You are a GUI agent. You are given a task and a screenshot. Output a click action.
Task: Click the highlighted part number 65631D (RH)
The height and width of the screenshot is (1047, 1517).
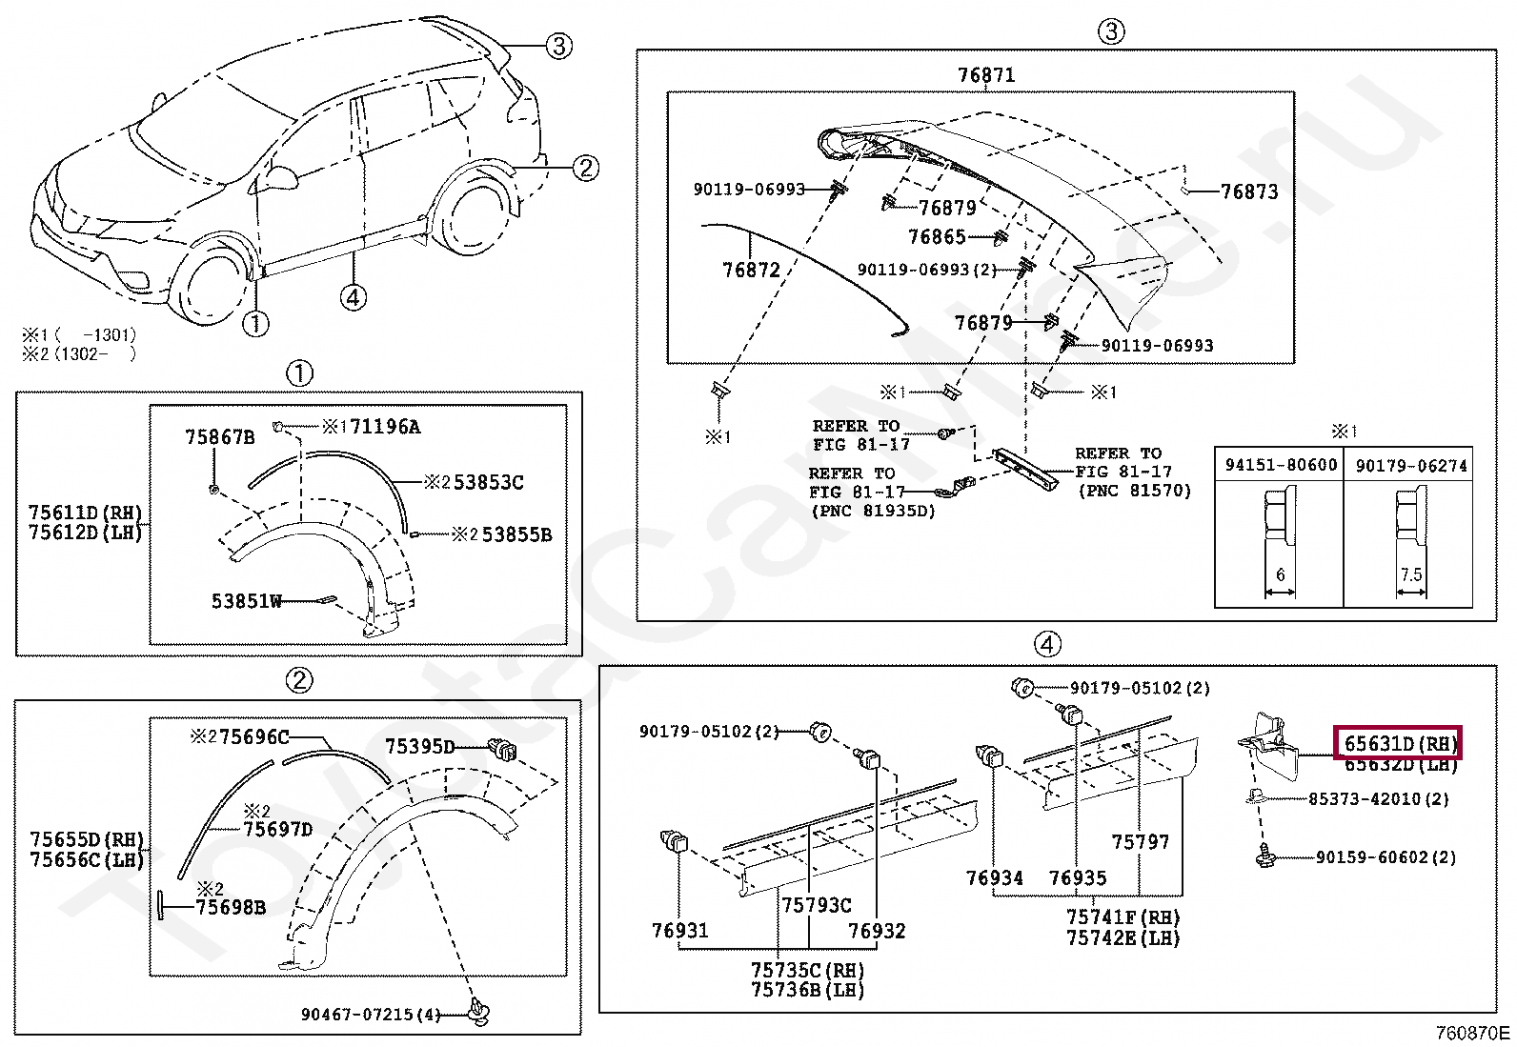click(1399, 743)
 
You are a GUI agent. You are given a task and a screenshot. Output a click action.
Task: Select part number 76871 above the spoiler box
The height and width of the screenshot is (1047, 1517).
click(986, 75)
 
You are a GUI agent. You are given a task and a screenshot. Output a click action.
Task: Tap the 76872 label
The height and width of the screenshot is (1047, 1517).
click(751, 271)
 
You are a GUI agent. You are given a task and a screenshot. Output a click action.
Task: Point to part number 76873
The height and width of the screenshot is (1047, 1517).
click(1249, 191)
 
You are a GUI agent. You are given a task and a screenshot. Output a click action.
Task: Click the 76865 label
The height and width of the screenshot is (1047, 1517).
click(937, 237)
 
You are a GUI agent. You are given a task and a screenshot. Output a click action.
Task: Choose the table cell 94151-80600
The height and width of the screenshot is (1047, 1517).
click(1281, 465)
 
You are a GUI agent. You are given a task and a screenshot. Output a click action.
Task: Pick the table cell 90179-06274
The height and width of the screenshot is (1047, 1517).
click(1411, 465)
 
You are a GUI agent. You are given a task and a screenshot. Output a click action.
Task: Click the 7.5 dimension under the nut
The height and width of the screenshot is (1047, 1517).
click(1411, 575)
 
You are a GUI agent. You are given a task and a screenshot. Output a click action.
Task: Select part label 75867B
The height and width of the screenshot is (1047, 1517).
click(220, 437)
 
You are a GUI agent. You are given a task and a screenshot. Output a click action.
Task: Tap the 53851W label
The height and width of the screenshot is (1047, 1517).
click(247, 601)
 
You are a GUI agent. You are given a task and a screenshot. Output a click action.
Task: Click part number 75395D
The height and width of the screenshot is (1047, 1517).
click(420, 747)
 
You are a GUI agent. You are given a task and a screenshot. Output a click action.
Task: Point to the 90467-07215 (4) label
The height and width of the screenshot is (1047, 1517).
click(371, 1015)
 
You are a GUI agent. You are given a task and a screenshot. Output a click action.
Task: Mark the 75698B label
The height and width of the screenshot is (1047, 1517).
click(231, 908)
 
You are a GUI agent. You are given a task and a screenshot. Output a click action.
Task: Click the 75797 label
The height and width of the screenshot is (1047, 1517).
click(1140, 842)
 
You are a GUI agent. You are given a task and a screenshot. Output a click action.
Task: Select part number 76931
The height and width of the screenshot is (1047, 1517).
click(680, 931)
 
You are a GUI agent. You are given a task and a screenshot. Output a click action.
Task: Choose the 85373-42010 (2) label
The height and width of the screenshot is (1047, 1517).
click(1378, 799)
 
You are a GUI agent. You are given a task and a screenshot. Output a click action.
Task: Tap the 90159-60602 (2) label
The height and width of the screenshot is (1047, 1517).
click(1386, 857)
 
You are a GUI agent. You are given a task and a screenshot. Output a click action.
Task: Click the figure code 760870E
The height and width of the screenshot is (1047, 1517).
click(1473, 1033)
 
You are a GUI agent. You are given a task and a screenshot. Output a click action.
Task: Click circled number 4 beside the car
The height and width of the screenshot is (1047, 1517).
click(354, 297)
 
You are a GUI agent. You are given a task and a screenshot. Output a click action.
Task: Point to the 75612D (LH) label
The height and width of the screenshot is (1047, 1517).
click(86, 533)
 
